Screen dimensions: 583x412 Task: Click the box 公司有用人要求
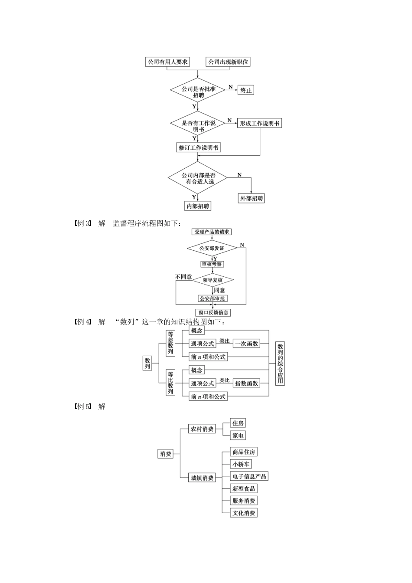tap(167, 62)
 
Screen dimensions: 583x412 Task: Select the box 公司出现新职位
tap(228, 62)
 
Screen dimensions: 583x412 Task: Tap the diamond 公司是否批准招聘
tap(198, 92)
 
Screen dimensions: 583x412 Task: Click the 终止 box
tap(246, 90)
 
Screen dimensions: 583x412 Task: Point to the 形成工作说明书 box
tap(259, 123)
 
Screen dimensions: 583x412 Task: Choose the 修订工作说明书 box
tap(199, 147)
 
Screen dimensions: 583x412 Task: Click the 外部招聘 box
tap(252, 198)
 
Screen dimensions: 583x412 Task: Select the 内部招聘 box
tap(198, 206)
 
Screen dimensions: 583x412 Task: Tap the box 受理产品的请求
tap(212, 232)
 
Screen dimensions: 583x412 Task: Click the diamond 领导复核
tap(213, 280)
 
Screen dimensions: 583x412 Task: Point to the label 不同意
tap(183, 277)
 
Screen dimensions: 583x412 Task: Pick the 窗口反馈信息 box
tap(213, 312)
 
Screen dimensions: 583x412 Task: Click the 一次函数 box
tap(246, 344)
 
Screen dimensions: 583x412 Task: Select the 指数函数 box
tap(246, 383)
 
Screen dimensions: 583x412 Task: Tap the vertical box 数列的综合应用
tap(280, 363)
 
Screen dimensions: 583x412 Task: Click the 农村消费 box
tap(202, 429)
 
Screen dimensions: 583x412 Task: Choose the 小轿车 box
tap(241, 464)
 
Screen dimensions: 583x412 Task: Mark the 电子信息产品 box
tap(249, 476)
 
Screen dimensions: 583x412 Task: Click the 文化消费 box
tap(244, 513)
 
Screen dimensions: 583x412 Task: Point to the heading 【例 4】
tap(82, 322)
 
